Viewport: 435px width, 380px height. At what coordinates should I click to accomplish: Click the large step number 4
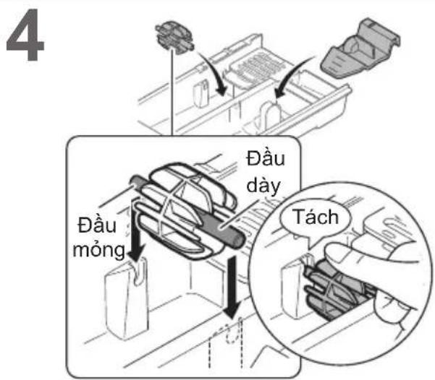(25, 35)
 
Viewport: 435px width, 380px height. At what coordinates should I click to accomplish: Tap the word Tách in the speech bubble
(316, 217)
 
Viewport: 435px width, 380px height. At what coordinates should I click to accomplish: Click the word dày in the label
(263, 186)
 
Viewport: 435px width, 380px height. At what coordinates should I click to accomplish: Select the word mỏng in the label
(98, 250)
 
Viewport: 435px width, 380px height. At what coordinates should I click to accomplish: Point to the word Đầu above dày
(266, 158)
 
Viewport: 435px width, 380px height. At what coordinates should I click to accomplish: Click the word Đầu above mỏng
(97, 225)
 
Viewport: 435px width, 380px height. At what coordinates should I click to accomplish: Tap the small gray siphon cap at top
(174, 38)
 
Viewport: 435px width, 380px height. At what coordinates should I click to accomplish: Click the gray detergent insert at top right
(360, 48)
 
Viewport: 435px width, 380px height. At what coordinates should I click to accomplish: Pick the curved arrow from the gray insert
(290, 76)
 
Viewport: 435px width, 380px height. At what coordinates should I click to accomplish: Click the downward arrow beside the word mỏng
(135, 230)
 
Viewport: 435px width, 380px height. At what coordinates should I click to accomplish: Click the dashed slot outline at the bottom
(226, 343)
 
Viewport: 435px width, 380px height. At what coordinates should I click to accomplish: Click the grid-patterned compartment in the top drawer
(257, 66)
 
